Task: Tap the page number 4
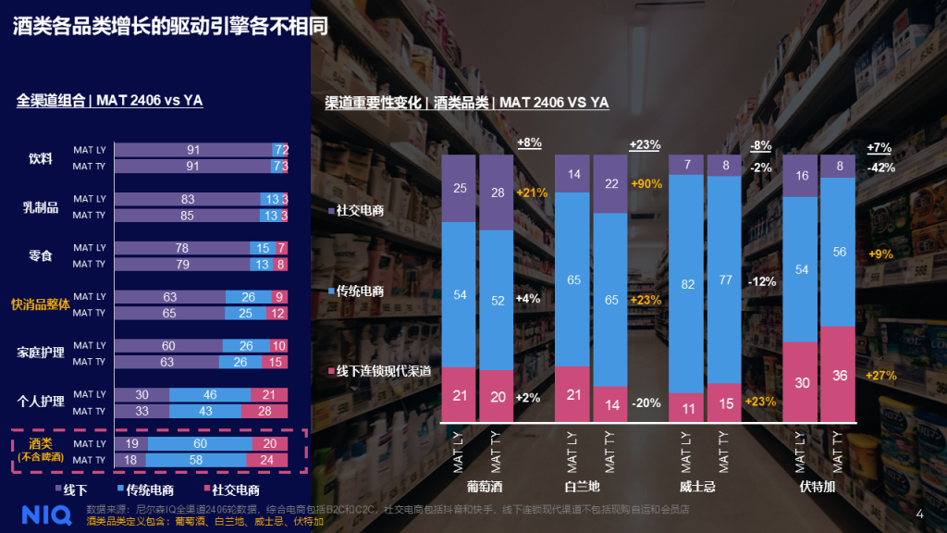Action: pos(919,514)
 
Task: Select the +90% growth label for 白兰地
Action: pos(647,184)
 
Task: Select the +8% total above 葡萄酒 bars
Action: pos(529,143)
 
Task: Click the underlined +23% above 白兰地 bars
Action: pos(645,144)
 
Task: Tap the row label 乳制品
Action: pos(41,207)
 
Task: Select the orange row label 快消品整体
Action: pos(40,304)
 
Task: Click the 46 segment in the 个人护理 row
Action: pos(210,395)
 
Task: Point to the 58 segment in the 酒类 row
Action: pos(199,460)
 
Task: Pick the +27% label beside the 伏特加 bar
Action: pos(880,375)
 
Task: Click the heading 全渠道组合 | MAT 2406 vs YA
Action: pos(110,100)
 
